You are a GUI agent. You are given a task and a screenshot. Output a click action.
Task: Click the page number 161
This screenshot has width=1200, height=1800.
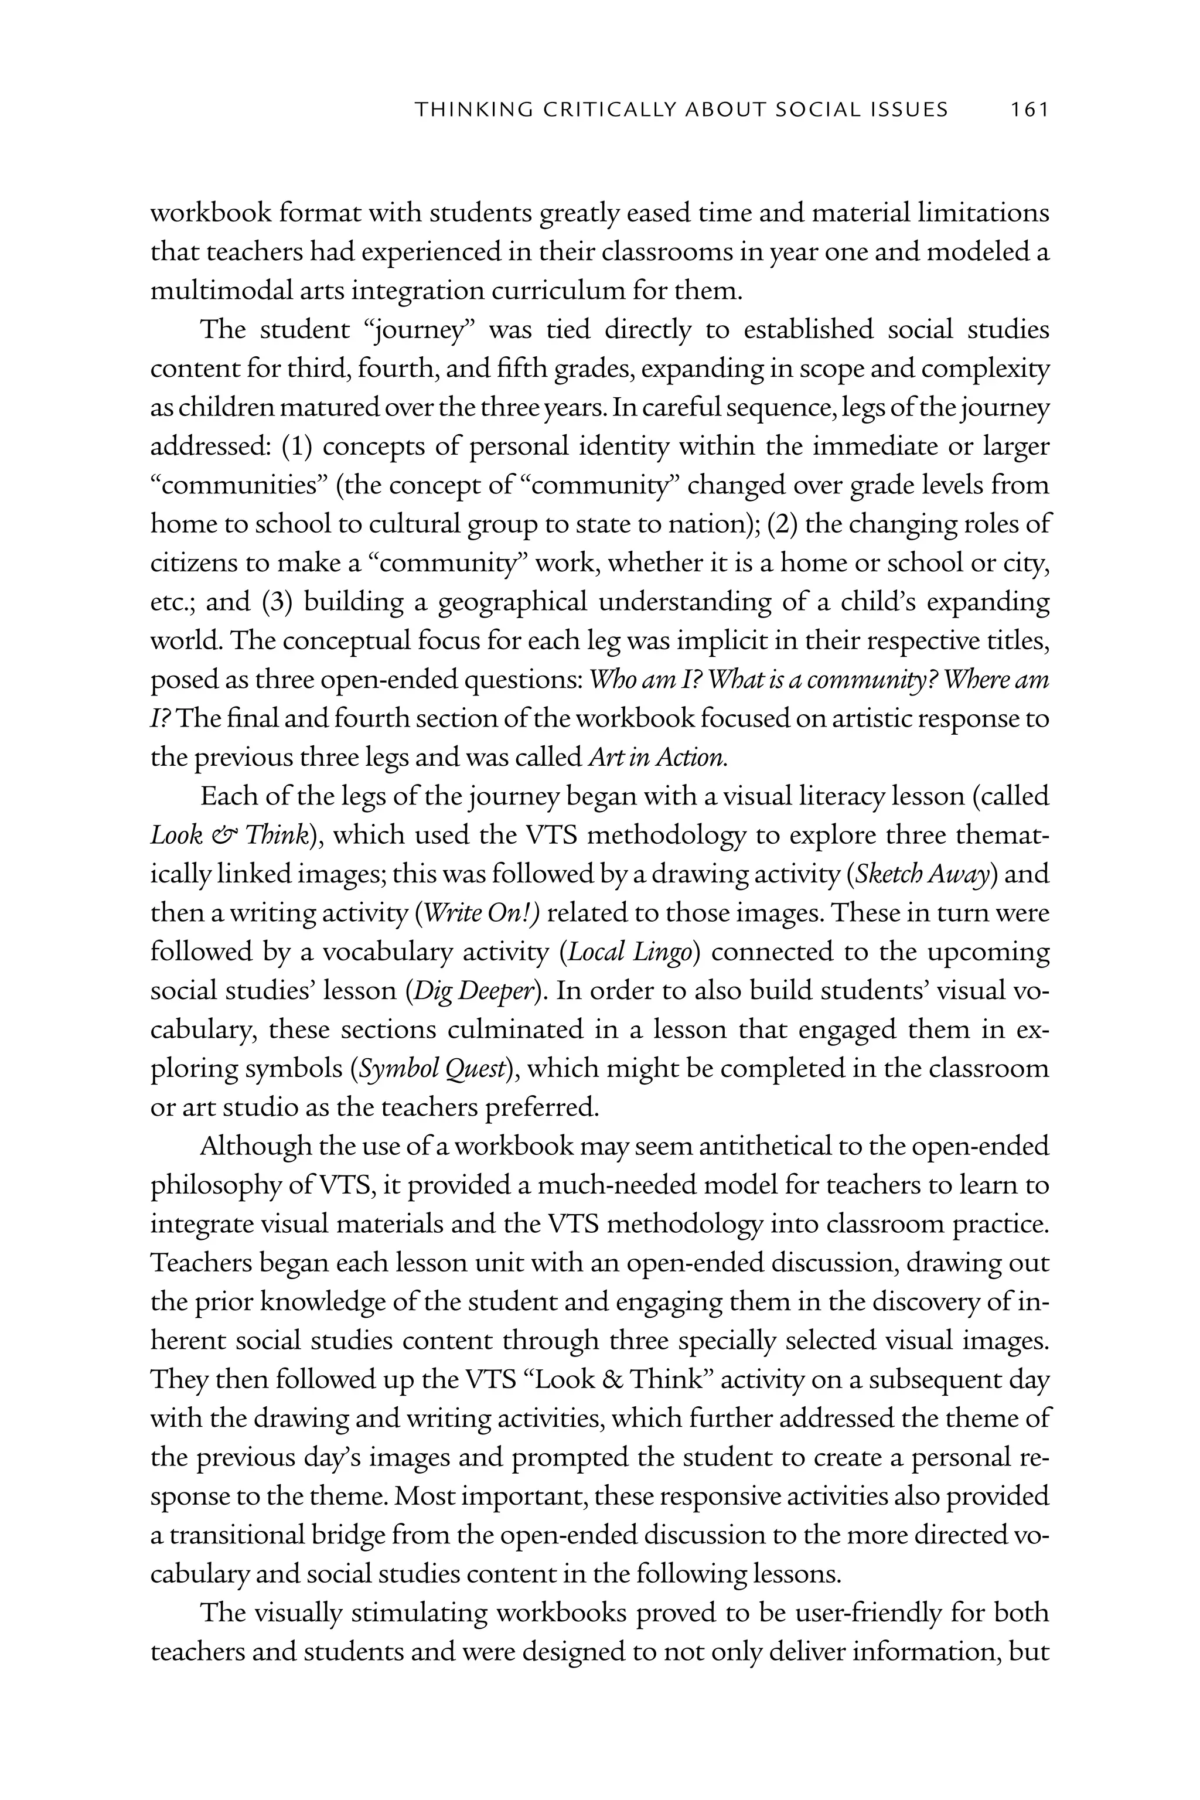click(1028, 110)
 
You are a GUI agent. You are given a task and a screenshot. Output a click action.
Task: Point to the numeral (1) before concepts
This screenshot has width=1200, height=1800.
click(298, 447)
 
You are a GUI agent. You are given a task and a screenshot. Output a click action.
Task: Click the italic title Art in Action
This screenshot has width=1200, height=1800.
click(658, 758)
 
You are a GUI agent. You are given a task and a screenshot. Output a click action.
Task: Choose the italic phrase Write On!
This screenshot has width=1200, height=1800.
click(482, 913)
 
